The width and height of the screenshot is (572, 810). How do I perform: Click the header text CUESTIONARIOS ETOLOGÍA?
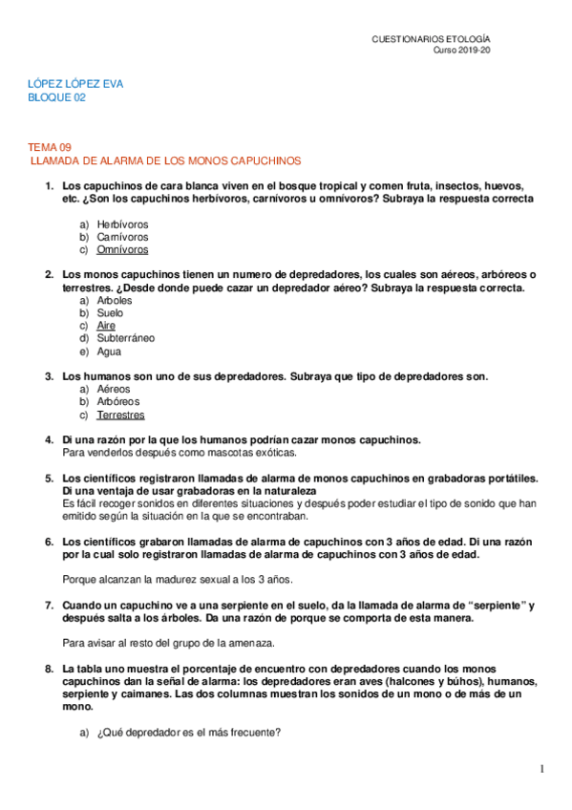431,38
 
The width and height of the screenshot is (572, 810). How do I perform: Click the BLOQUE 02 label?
57,97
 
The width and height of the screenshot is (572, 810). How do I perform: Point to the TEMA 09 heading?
50,147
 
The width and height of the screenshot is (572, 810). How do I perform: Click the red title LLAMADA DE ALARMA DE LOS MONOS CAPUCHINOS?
166,160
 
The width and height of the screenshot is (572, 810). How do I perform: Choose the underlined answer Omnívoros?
122,250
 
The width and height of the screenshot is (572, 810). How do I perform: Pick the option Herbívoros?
122,224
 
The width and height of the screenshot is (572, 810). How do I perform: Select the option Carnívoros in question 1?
122,237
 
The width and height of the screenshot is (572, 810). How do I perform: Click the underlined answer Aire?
106,326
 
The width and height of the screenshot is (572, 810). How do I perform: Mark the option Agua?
109,352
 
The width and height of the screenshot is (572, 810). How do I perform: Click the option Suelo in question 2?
110,312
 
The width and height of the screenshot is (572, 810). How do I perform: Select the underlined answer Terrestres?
120,416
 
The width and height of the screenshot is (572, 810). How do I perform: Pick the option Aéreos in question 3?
114,390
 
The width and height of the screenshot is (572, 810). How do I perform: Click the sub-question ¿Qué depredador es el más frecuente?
188,733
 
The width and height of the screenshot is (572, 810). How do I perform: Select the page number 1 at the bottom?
540,769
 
